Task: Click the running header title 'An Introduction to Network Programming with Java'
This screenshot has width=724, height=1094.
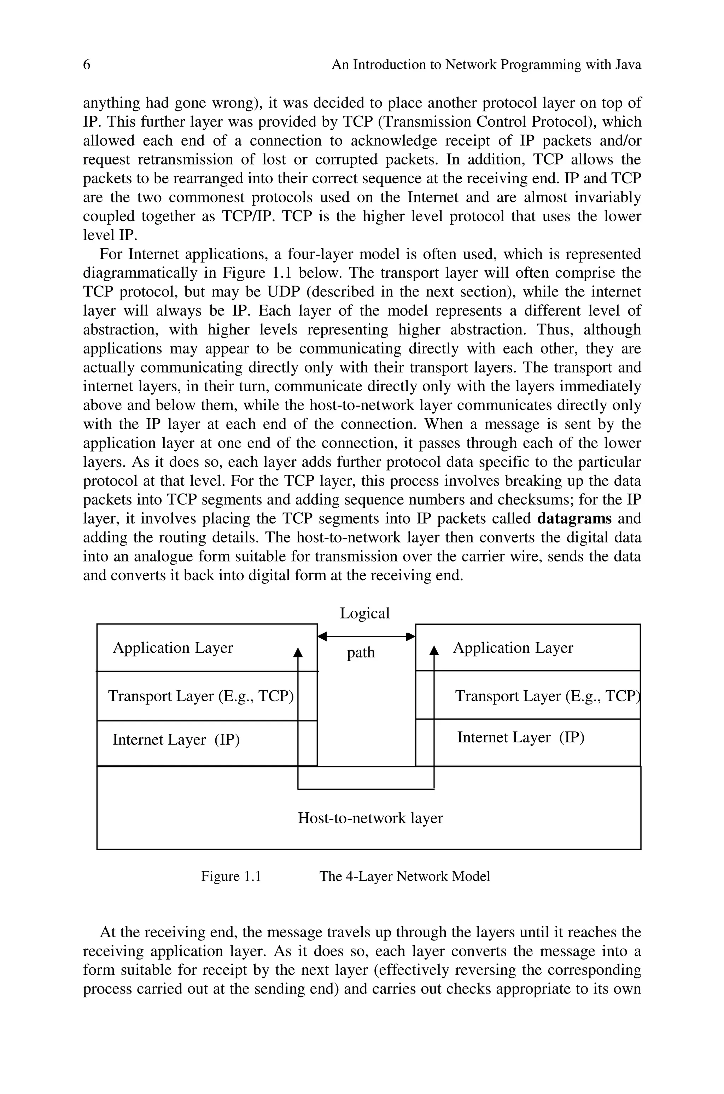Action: pos(486,65)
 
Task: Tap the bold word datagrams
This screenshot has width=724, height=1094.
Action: pos(574,519)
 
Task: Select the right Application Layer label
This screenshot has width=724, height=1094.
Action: pos(513,648)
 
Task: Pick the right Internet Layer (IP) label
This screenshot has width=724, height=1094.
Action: pos(520,737)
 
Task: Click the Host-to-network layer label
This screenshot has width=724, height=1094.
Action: pos(370,818)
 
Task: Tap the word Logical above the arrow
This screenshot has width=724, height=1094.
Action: pos(365,614)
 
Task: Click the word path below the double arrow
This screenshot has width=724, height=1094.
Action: pos(361,652)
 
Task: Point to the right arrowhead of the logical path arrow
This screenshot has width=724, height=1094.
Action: pos(410,637)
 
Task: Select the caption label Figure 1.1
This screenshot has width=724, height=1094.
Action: pos(231,876)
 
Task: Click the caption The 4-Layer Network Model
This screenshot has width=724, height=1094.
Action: pos(404,876)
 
